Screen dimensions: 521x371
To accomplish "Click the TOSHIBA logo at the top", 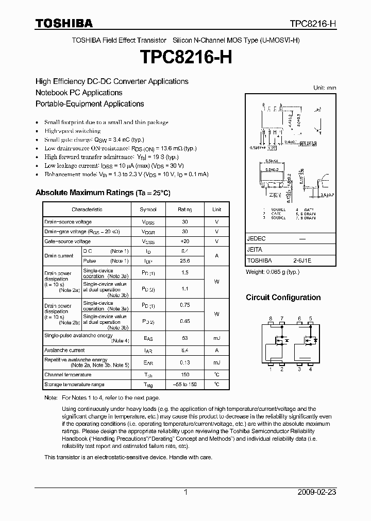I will pos(64,23).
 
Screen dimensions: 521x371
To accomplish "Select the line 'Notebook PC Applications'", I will pos(79,93).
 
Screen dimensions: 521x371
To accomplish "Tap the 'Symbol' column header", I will pos(148,210).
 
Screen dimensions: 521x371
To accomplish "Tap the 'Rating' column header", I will pos(185,210).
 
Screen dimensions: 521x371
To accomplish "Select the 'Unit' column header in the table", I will pos(216,210).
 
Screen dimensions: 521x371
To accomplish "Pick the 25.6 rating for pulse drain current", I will pos(185,261).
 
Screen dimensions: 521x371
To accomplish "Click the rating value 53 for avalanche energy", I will pos(185,338).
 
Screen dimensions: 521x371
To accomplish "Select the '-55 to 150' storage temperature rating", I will pos(185,385).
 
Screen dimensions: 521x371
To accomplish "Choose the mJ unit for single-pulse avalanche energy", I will pos(216,338).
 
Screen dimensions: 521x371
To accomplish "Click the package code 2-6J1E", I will pos(301,261).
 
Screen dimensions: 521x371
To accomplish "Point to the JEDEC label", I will pos(256,239).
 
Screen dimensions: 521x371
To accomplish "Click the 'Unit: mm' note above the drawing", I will pos(325,88).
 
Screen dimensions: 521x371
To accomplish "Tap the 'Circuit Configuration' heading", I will pos(283,298).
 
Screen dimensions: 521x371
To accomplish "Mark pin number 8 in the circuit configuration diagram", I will pos(271,319).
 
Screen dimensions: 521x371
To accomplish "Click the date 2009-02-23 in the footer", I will pos(317,492).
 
